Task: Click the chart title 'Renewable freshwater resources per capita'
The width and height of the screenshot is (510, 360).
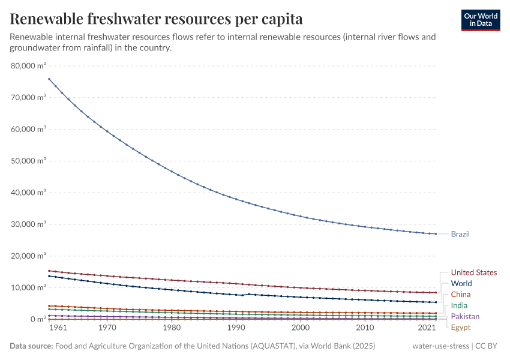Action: [x=156, y=19]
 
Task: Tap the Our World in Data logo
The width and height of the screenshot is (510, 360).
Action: [x=481, y=19]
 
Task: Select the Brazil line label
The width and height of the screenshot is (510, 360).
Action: [x=460, y=234]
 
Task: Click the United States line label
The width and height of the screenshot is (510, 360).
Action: [x=473, y=272]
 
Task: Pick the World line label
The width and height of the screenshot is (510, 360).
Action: [x=461, y=283]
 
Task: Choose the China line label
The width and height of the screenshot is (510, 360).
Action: [x=461, y=295]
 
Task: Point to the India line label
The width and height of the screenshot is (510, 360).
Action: [x=459, y=305]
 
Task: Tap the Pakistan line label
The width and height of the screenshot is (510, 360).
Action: [x=465, y=316]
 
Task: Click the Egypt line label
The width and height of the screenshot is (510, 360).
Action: [x=461, y=328]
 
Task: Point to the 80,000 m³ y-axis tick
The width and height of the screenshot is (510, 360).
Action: [x=29, y=65]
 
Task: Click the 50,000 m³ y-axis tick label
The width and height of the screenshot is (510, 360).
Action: [x=29, y=161]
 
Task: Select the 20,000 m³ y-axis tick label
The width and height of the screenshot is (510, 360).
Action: [x=29, y=256]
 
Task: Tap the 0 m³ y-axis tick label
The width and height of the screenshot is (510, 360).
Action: [x=37, y=319]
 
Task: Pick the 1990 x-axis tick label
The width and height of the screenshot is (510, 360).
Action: [x=236, y=328]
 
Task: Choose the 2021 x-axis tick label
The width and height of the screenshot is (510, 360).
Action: [x=427, y=328]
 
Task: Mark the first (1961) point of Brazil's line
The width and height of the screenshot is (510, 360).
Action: [x=49, y=79]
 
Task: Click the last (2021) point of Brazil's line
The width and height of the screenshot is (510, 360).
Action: [x=435, y=234]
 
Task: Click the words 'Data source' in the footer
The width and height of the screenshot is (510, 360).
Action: [x=31, y=346]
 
